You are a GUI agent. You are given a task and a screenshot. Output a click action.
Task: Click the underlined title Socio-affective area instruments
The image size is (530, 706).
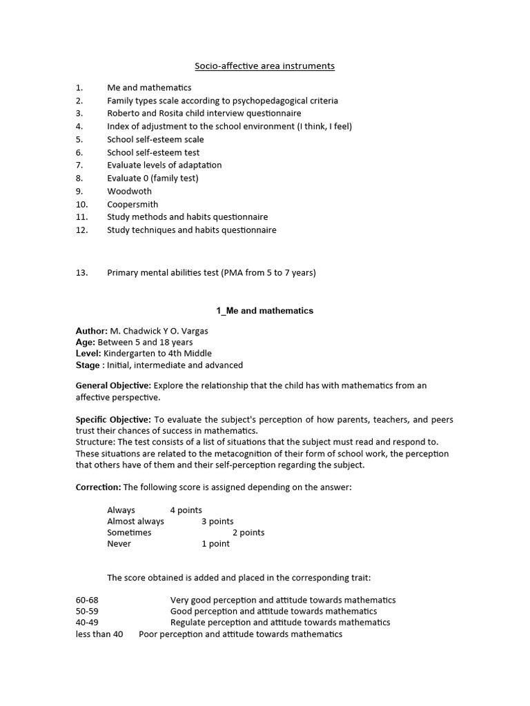point(265,66)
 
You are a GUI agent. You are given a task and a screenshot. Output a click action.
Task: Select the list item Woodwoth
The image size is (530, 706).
point(129,191)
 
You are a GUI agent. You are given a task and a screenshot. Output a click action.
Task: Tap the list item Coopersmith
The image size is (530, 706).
point(132,204)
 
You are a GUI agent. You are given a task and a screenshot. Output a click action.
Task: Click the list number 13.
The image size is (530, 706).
point(82,272)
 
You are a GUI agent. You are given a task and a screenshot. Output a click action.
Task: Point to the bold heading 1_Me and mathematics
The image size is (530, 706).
point(265,311)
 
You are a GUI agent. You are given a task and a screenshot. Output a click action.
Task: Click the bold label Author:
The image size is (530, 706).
point(92,331)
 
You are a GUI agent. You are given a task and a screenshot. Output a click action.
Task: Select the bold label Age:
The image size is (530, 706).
point(86,342)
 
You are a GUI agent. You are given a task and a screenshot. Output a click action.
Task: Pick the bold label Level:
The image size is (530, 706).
point(88,354)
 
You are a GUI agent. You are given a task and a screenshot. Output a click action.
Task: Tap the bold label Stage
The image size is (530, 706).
point(88,365)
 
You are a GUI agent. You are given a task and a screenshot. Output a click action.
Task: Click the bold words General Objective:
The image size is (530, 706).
point(112,385)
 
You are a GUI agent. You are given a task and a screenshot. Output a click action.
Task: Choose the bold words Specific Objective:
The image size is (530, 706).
point(113,420)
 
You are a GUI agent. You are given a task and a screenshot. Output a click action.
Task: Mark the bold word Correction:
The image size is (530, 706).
point(98,487)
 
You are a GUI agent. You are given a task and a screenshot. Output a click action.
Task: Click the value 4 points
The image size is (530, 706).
point(186,510)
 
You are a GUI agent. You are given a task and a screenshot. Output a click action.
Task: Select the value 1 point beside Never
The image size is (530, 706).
point(215,544)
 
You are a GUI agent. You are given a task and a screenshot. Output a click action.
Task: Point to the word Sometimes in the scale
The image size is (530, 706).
point(129,533)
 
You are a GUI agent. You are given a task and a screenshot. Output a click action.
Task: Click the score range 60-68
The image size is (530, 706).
point(87,600)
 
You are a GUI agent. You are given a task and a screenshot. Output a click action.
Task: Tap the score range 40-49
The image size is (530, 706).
point(87,623)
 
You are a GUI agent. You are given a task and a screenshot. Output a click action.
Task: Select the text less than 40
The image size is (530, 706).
point(99,634)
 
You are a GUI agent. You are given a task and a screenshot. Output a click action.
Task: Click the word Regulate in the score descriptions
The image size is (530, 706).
point(189,623)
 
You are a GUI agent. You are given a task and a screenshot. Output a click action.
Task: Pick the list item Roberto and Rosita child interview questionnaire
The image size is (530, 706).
point(204,113)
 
